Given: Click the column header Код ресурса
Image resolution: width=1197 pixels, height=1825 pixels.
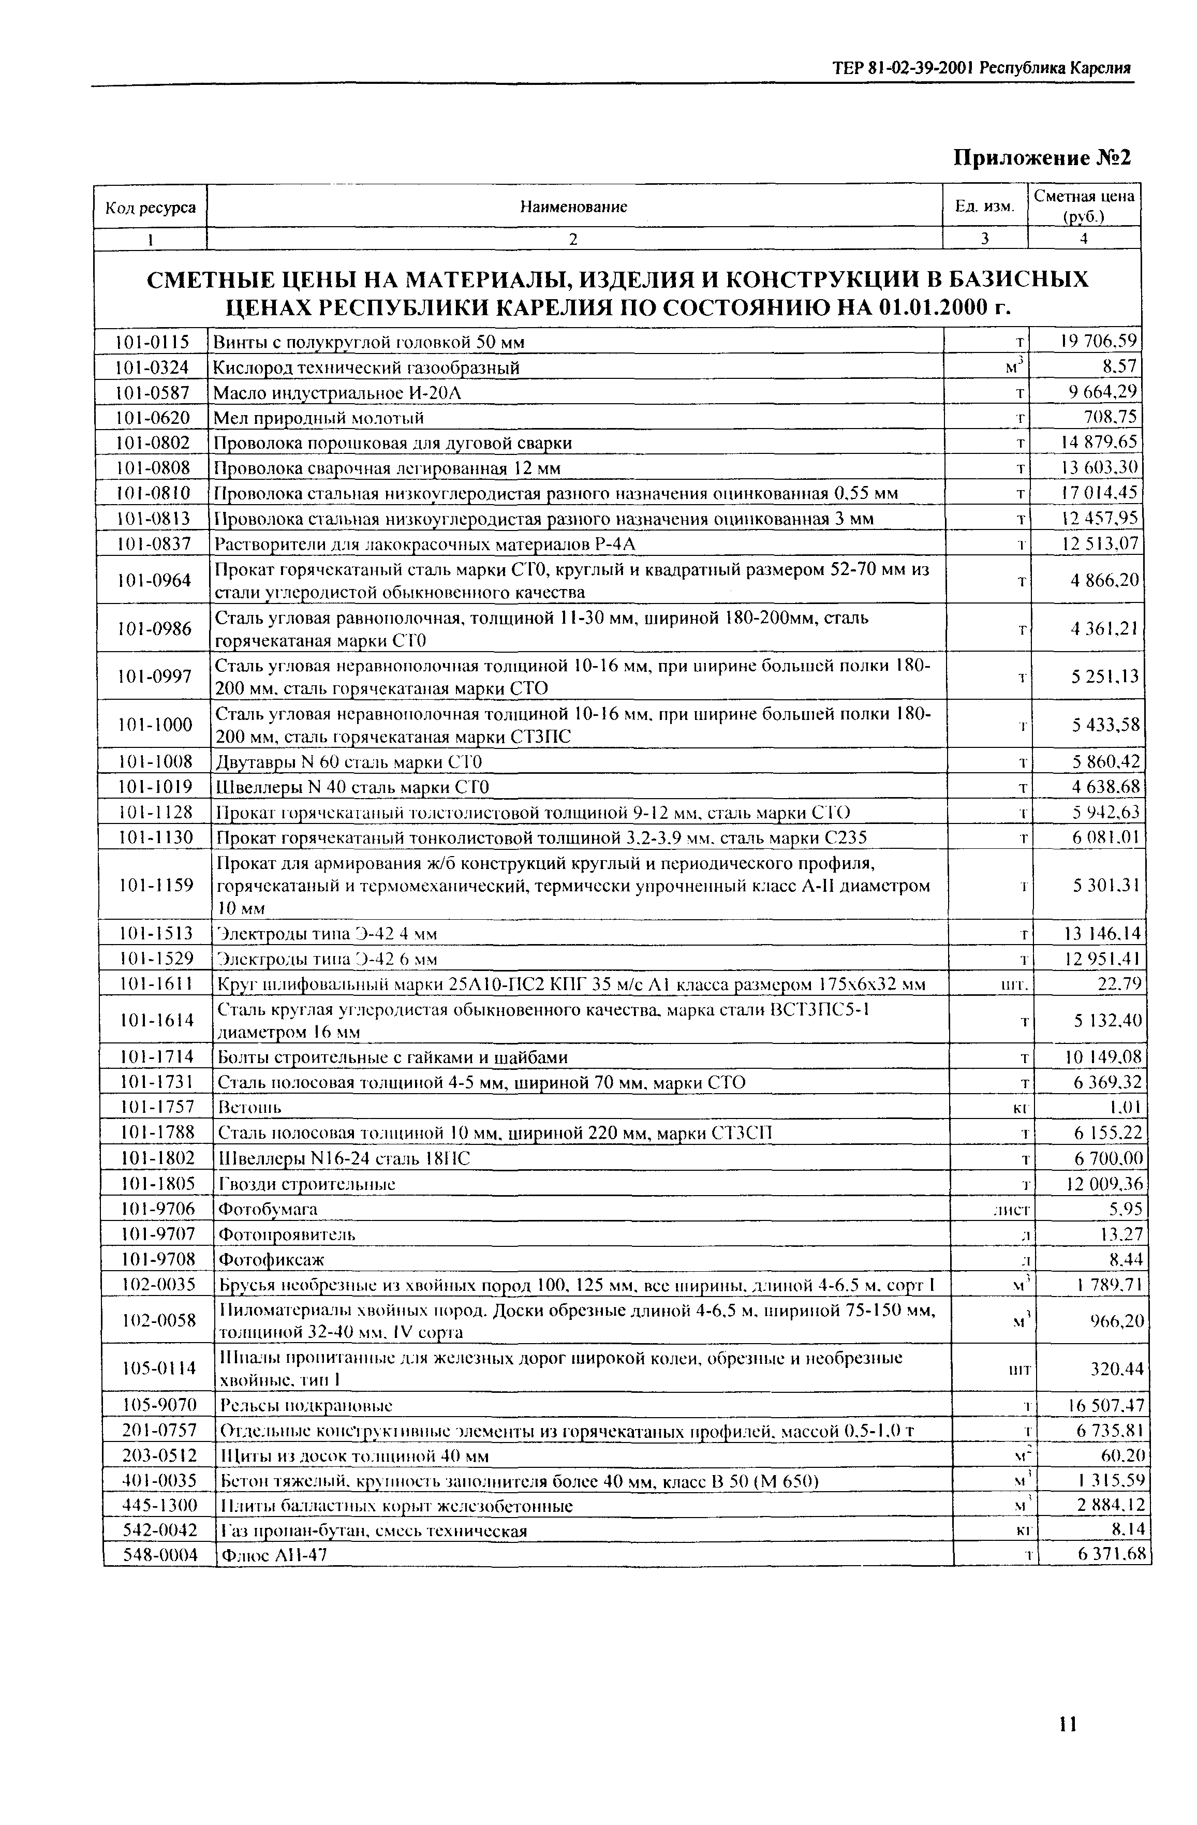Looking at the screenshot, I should (150, 207).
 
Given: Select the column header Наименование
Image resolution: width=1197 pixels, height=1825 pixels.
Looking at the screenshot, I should (573, 207).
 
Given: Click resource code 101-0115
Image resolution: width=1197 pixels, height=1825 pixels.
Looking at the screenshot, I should (152, 341).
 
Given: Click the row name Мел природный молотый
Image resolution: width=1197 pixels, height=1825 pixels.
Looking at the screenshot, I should (318, 418).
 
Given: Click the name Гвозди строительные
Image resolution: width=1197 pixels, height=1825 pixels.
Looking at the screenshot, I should (307, 1184).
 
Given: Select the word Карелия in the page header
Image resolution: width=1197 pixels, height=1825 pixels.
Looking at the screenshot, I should (1100, 67).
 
